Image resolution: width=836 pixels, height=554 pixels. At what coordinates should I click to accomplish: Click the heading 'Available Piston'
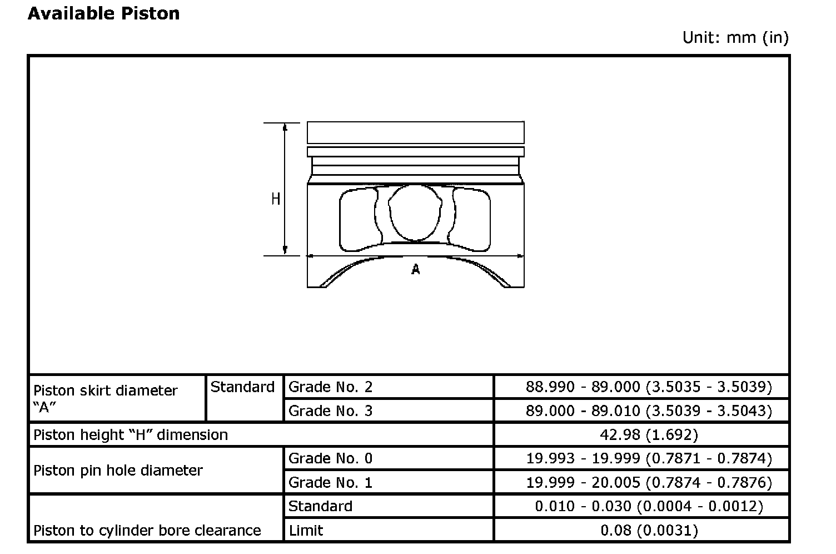[x=104, y=14]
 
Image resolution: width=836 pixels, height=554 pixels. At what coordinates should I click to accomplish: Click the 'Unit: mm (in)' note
[x=735, y=38]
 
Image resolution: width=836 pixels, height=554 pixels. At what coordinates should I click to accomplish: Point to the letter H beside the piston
[x=276, y=199]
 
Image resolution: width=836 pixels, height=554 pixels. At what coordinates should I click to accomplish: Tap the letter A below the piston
[x=415, y=269]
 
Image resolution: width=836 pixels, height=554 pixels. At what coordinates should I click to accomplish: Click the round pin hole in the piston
[x=389, y=213]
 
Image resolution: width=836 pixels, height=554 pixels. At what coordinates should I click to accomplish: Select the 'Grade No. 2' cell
[x=330, y=387]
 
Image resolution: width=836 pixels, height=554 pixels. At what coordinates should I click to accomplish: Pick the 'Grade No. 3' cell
[x=330, y=411]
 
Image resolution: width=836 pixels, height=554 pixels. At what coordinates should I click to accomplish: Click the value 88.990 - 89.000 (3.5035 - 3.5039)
[x=649, y=387]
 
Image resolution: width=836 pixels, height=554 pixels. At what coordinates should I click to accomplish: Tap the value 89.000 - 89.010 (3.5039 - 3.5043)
[x=649, y=411]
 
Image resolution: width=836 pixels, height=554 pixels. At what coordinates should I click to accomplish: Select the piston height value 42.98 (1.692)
[x=649, y=435]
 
